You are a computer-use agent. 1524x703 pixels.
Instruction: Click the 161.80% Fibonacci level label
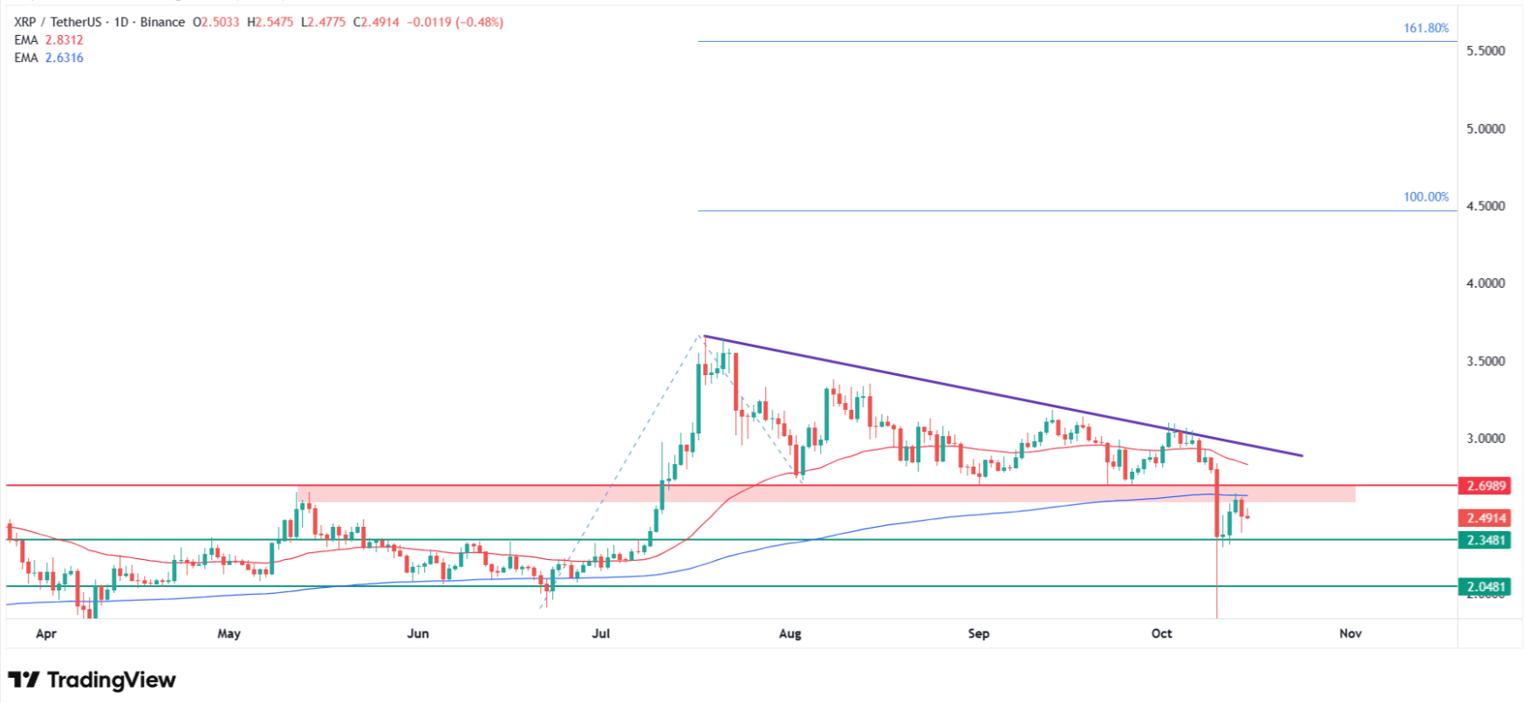pos(1425,28)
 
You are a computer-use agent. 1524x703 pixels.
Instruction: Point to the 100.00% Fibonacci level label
pos(1425,197)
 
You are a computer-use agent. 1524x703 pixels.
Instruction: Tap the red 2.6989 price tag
pos(1486,486)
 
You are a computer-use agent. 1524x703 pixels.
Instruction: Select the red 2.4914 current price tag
pos(1486,518)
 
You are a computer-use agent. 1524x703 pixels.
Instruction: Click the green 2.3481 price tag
pos(1486,541)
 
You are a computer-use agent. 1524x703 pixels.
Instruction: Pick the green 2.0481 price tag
pos(1486,587)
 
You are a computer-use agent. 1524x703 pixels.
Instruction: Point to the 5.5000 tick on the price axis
pos(1486,51)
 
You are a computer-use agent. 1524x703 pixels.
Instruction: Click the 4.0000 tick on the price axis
pos(1486,283)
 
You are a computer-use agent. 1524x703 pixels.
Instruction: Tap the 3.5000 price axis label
pos(1486,361)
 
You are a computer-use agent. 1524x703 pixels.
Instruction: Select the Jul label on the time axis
pos(600,633)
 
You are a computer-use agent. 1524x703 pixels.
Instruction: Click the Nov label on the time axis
pos(1350,633)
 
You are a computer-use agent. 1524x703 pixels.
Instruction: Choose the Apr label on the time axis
pos(45,633)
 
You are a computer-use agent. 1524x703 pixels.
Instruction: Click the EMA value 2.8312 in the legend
pos(65,40)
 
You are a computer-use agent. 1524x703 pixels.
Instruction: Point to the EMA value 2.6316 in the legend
pos(65,58)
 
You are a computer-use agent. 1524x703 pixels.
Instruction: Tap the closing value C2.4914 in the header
pos(376,22)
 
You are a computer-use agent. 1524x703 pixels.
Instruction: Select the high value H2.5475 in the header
pos(270,22)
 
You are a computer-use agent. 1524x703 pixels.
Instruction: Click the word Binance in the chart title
pos(162,22)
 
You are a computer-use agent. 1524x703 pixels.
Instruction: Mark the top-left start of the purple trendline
pos(704,336)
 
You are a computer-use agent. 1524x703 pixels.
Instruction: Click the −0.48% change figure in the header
pos(479,22)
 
